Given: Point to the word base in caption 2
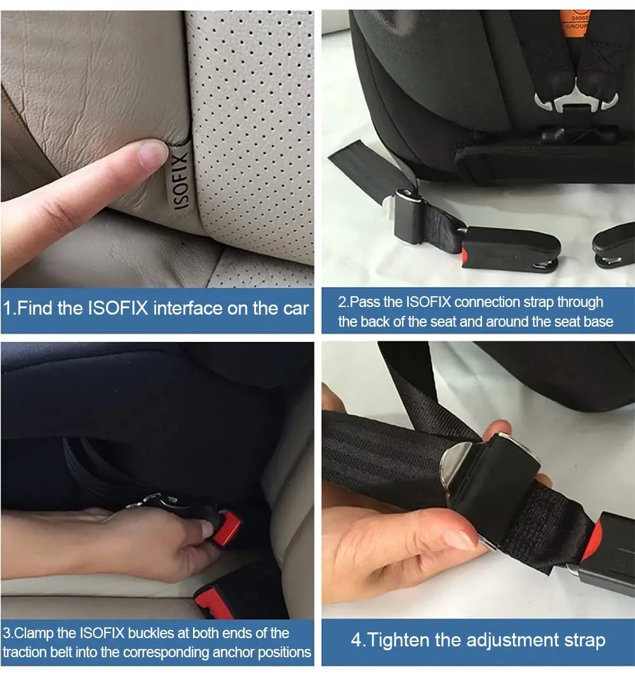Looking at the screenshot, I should coord(597,322).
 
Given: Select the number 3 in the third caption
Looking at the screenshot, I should coord(6,633).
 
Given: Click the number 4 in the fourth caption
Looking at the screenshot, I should coord(356,639).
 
